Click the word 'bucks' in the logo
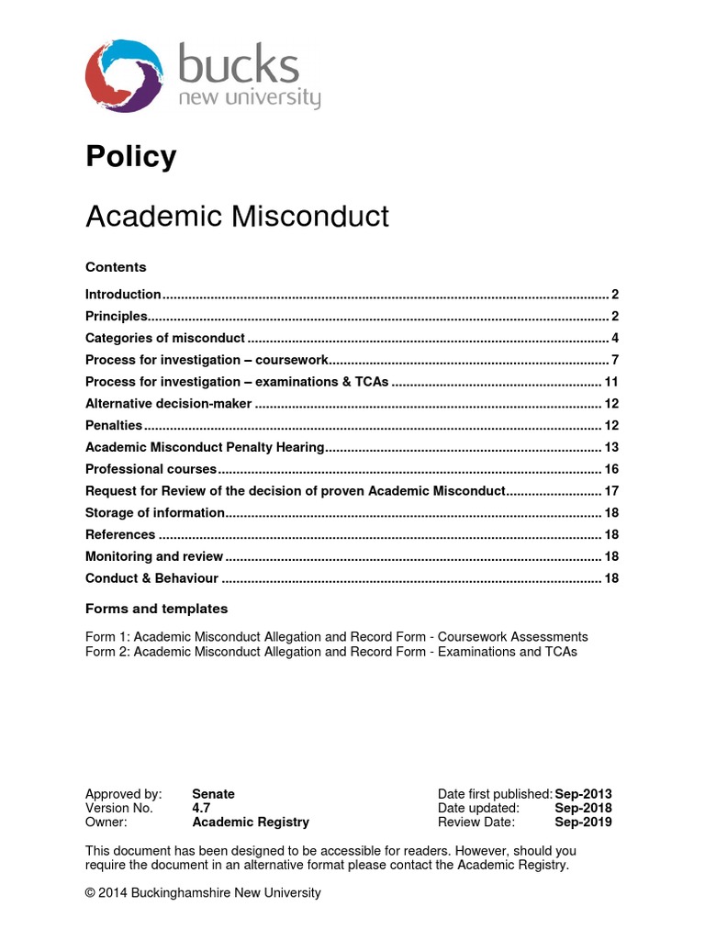238,67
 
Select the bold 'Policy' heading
130,157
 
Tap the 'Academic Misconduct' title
237,217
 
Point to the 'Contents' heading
116,267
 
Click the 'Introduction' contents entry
123,295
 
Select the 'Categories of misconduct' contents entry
165,338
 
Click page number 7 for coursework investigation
615,360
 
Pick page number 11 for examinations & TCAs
611,382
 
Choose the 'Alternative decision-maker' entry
168,404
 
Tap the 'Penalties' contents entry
114,425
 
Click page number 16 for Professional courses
611,469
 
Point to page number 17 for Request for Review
611,491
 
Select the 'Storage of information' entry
154,512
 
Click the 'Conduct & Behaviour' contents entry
151,578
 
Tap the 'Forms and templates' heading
156,609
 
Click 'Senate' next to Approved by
213,794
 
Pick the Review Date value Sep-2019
583,822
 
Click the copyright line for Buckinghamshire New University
203,892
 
